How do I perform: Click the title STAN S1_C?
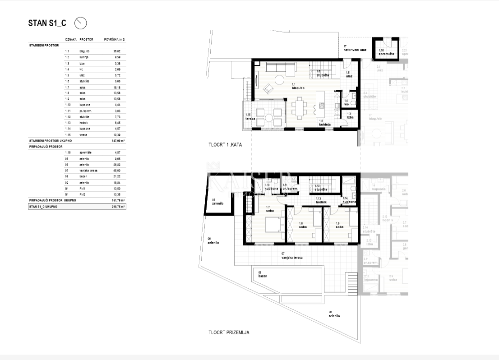pos(47,23)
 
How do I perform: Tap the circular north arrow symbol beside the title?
pos(80,23)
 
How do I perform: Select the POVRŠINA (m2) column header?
pos(114,40)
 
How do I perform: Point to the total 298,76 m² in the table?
pos(119,206)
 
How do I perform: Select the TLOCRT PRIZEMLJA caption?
pos(229,332)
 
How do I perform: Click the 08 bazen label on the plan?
pos(262,274)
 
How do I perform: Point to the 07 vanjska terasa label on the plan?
pos(291,256)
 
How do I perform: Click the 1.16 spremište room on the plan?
pos(386,52)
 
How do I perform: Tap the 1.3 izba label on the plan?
pos(350,115)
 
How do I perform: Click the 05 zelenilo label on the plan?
pos(218,201)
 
